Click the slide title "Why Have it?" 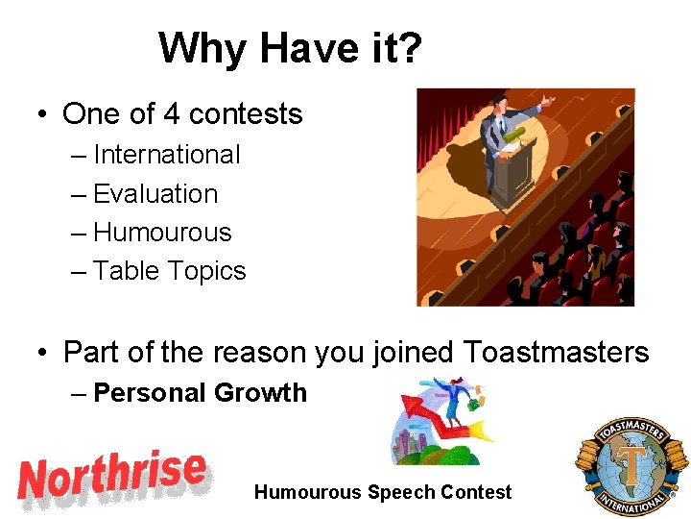coord(290,47)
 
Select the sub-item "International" coord(167,154)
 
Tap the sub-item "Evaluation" coord(155,193)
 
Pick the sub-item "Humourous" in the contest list coord(162,233)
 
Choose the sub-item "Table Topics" coord(170,271)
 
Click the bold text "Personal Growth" coord(200,392)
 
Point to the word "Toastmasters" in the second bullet coord(557,352)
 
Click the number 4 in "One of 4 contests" coord(172,114)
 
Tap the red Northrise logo coord(113,478)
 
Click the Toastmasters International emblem coord(631,467)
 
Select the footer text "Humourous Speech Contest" coord(383,492)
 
